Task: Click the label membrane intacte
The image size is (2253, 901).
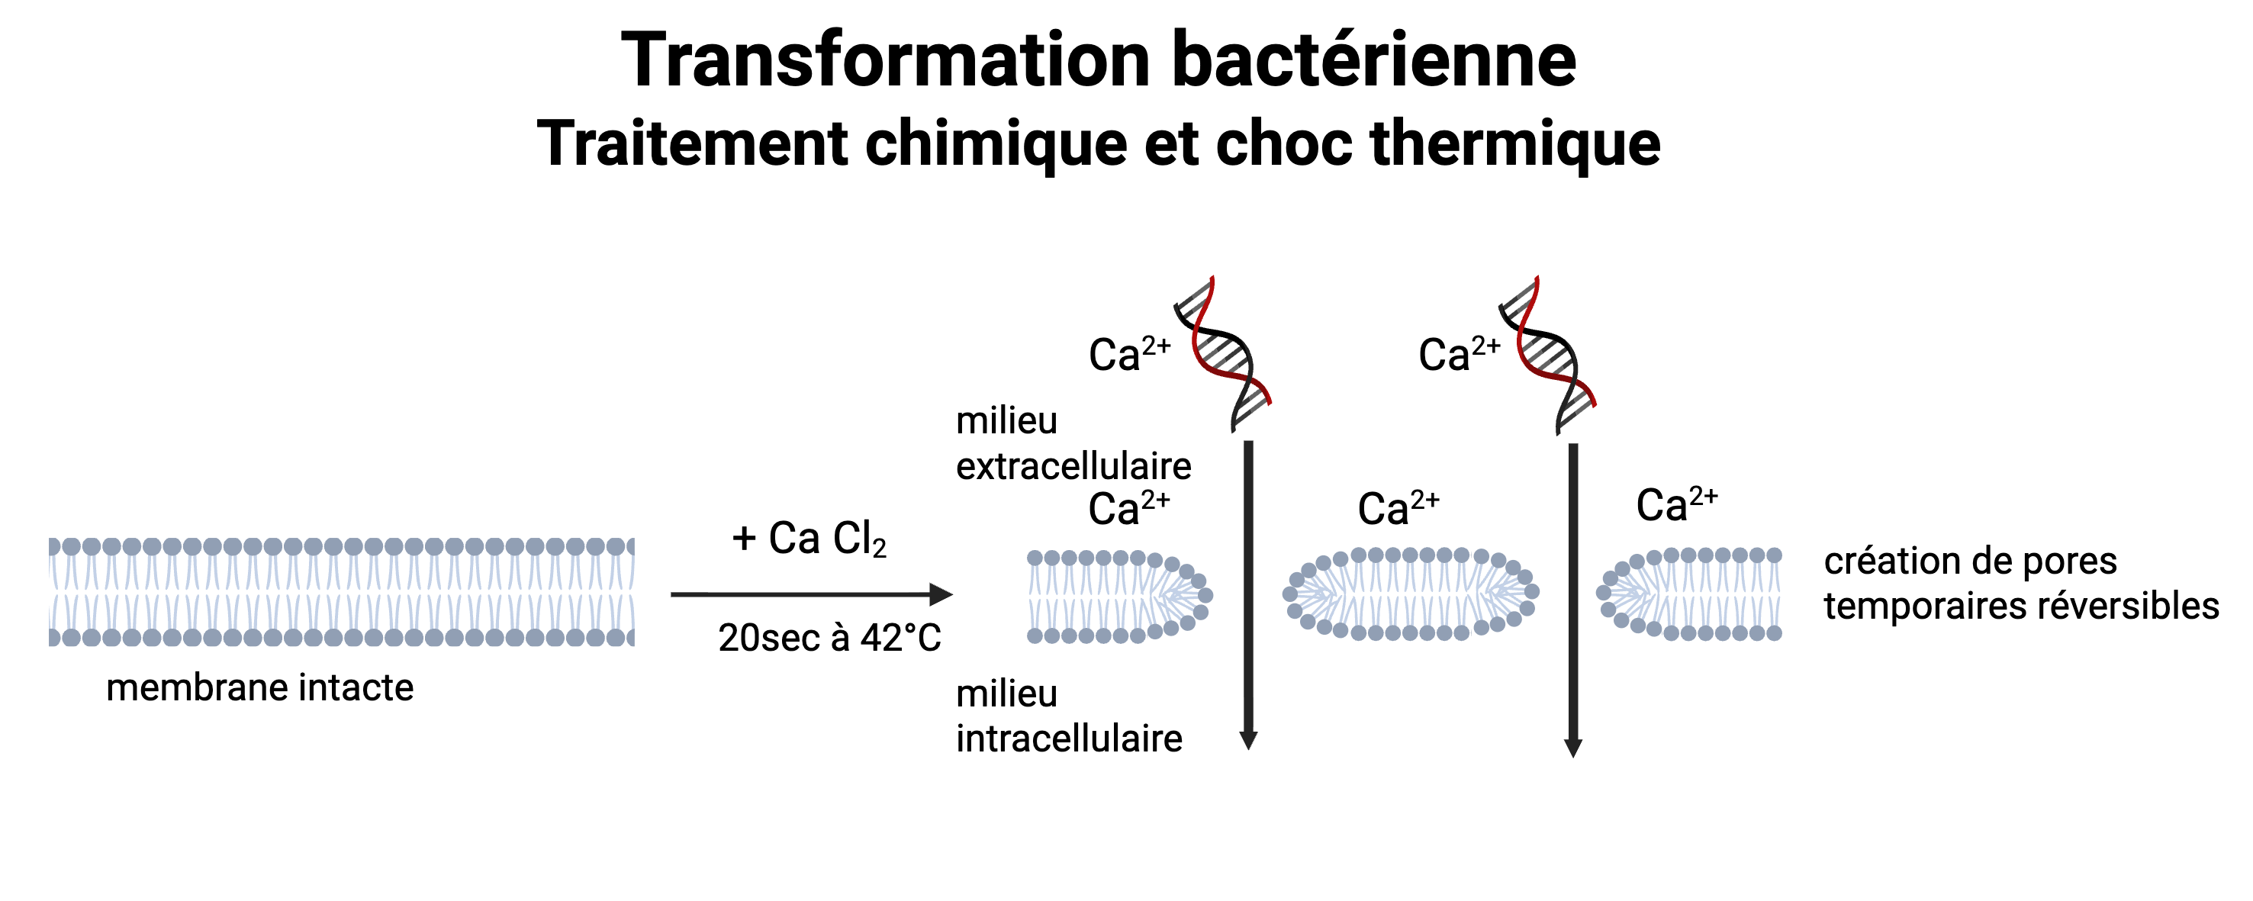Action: pyautogui.click(x=259, y=687)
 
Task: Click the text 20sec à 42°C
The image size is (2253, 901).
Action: pyautogui.click(x=829, y=638)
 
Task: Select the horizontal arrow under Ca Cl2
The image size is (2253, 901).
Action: pyautogui.click(x=812, y=595)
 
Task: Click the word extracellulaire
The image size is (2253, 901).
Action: pyautogui.click(x=1073, y=466)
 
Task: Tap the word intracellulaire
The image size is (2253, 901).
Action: pyautogui.click(x=1069, y=739)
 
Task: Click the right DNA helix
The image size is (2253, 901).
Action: pyautogui.click(x=1547, y=354)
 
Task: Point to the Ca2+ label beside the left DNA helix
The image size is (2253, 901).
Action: pyautogui.click(x=1128, y=354)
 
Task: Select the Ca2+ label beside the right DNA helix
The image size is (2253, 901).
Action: pyautogui.click(x=1458, y=354)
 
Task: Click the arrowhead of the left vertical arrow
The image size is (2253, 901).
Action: pyautogui.click(x=1249, y=740)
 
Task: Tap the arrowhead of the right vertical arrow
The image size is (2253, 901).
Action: pyautogui.click(x=1573, y=747)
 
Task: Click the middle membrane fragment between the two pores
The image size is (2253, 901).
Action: pyautogui.click(x=1410, y=593)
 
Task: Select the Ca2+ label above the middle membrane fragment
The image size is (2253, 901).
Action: pyautogui.click(x=1398, y=508)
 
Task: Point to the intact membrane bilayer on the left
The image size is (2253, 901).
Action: pyautogui.click(x=341, y=592)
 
